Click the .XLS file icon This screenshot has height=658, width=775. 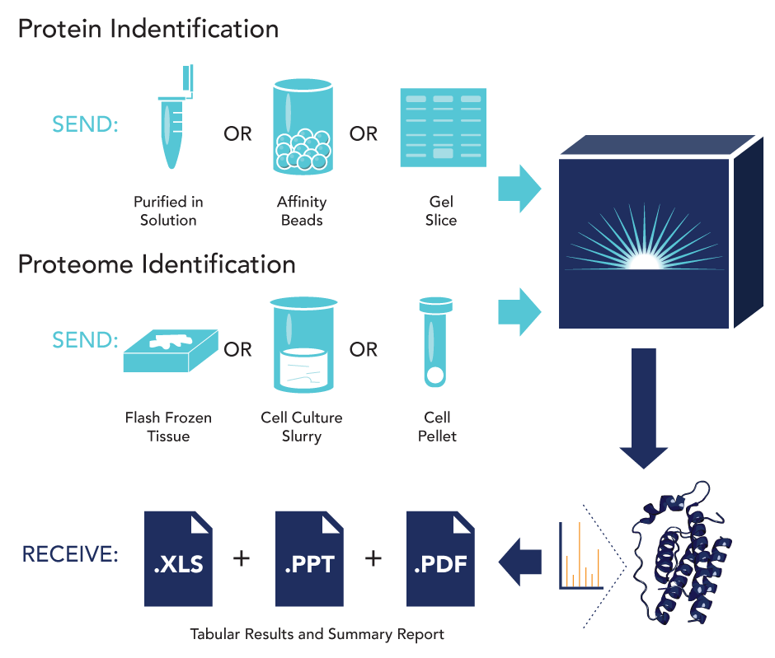pos(179,559)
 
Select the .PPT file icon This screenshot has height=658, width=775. pos(309,559)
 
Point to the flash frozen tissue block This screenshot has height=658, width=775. pos(169,351)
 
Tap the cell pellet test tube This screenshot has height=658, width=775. pos(434,342)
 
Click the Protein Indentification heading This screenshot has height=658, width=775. pos(148,30)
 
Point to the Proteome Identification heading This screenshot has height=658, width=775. pos(157,264)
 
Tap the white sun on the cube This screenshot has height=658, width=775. pos(644,261)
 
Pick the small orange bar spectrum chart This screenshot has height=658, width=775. pos(580,556)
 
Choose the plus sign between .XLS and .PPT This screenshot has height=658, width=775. pos(242,559)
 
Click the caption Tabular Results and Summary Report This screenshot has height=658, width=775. pos(317,634)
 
